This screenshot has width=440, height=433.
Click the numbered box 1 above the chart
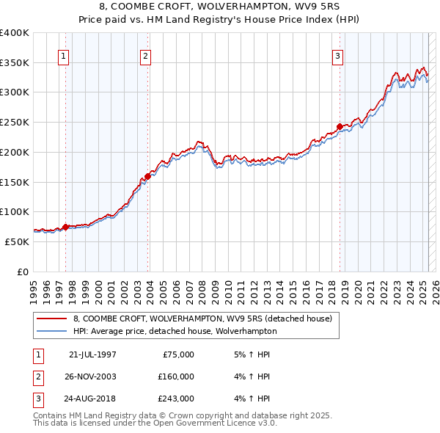tap(63, 57)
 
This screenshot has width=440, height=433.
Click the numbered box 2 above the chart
tap(146, 57)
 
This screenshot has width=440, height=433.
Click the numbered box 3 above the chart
tap(337, 57)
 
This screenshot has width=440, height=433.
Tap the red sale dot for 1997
tap(66, 227)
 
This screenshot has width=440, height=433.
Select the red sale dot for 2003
tap(148, 176)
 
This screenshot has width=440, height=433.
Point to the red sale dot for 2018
tap(340, 126)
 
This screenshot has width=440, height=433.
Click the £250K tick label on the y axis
tap(15, 123)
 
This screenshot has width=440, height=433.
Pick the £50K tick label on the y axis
tap(18, 241)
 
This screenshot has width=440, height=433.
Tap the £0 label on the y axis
tap(23, 272)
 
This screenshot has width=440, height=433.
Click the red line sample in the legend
tap(52, 319)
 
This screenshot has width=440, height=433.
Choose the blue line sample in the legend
tap(52, 331)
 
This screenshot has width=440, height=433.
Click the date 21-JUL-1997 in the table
tap(92, 354)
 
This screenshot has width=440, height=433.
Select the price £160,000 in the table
tap(175, 376)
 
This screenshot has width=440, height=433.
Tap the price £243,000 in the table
tap(175, 399)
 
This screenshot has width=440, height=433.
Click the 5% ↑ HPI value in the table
tap(252, 354)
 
